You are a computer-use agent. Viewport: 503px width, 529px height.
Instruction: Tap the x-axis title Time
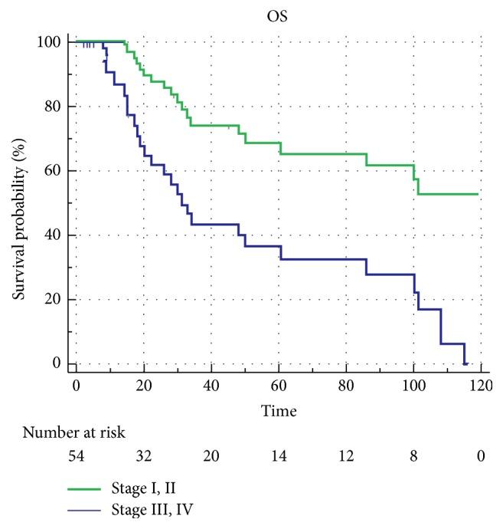click(278, 411)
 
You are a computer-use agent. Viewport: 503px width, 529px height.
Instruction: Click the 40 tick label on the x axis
click(211, 384)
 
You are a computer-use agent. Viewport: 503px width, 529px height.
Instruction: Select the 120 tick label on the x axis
click(480, 384)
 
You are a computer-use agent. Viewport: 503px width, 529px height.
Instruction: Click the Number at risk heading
click(72, 433)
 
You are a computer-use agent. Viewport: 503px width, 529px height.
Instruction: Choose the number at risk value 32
click(144, 457)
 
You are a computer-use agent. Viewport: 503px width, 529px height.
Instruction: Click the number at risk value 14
click(278, 457)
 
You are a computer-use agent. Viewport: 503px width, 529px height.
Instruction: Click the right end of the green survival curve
click(478, 194)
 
